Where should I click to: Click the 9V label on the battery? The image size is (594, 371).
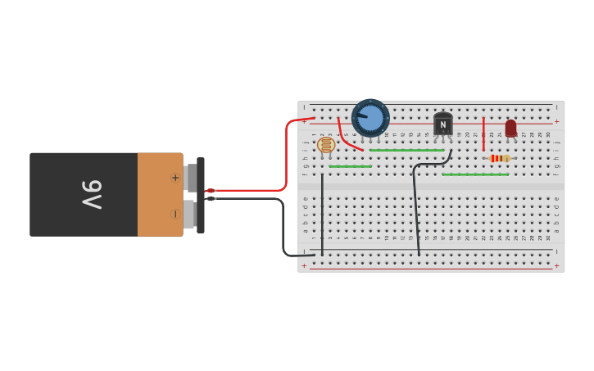point(91,194)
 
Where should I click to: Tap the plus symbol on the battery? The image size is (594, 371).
point(175,178)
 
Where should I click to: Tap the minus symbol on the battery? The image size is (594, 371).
point(175,214)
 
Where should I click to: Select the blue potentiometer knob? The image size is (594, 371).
point(370,118)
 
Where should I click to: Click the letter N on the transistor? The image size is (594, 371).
point(442,125)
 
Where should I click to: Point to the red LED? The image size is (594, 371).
point(510,128)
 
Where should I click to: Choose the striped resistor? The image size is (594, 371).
point(497,158)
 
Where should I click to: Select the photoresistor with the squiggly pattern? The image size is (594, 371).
point(326,145)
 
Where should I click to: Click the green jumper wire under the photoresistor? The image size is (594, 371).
point(350,166)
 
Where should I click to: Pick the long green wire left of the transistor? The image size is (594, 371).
point(406,150)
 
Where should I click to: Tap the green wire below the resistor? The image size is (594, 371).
point(474,174)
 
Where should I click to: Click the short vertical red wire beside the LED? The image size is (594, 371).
point(483,133)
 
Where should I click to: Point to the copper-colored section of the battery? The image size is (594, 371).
point(160,194)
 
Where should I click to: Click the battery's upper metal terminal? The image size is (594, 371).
point(190,178)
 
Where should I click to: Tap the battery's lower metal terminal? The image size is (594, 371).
point(188,215)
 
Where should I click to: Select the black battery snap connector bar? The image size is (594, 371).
point(201,196)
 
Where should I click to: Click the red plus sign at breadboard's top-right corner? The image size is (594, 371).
point(556,121)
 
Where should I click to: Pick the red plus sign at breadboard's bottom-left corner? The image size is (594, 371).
point(304,265)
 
